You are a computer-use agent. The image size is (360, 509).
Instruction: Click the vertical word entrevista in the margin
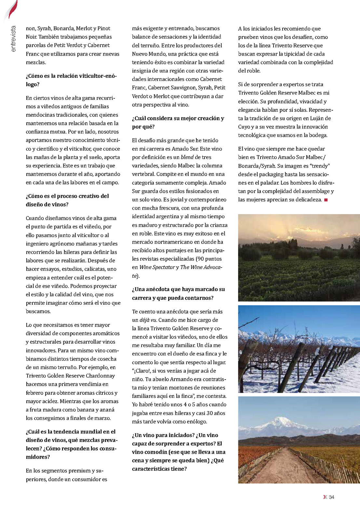[x=13, y=39]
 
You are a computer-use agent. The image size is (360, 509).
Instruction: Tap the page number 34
[x=331, y=497]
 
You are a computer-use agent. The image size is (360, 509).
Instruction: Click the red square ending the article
[x=326, y=200]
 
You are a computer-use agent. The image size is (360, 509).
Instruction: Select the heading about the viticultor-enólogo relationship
[x=71, y=80]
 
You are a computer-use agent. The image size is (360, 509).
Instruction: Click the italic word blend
[x=187, y=157]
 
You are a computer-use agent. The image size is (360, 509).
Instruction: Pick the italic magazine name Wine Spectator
[x=157, y=267]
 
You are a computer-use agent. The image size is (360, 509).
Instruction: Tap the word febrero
[x=36, y=393]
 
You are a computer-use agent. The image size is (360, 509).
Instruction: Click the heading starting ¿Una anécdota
[x=178, y=293]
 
